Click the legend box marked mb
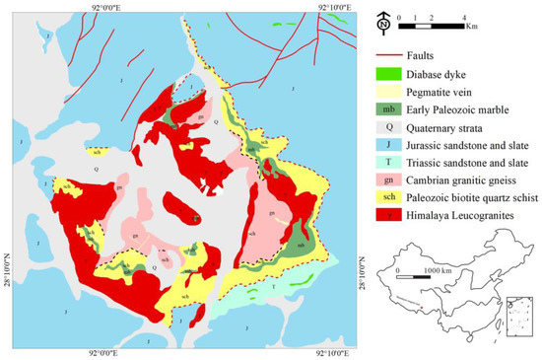coord(388,114)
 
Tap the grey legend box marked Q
coord(388,135)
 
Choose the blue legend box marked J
coord(388,156)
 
